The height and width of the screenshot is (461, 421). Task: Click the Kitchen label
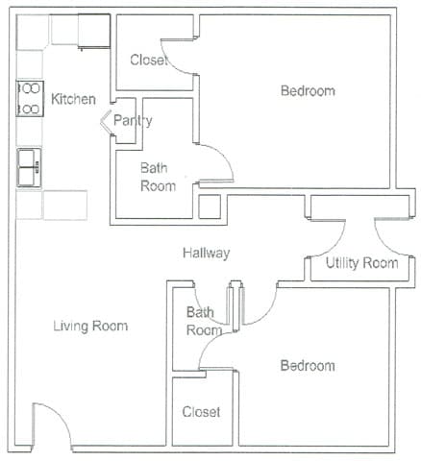tap(73, 99)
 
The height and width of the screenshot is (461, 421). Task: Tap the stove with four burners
tap(30, 98)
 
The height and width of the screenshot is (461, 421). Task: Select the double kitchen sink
tap(29, 167)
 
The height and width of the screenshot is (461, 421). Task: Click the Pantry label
tap(133, 121)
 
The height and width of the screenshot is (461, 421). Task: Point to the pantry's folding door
tap(104, 122)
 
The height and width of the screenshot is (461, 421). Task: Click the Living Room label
tap(90, 326)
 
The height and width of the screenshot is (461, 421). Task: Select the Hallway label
tap(207, 253)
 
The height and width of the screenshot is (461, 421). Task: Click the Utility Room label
tap(361, 263)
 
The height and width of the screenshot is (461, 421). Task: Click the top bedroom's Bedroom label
tap(308, 91)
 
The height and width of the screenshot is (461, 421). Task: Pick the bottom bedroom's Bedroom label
tap(308, 366)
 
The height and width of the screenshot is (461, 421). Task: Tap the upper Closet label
tap(149, 60)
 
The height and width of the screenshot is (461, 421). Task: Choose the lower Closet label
tap(201, 412)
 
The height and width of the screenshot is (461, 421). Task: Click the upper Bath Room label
tap(158, 177)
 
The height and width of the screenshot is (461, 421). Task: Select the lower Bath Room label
tap(204, 321)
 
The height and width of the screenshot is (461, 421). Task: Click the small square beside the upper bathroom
tap(210, 206)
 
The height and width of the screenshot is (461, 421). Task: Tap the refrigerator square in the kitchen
tap(94, 32)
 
